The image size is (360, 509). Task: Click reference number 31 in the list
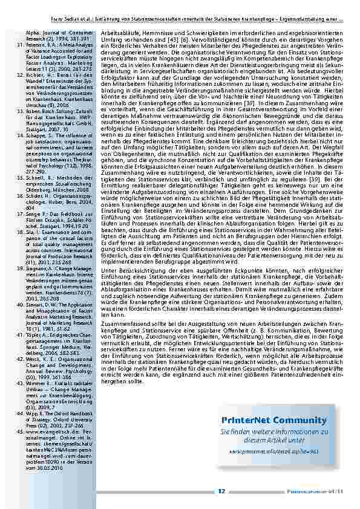pyautogui.click(x=18, y=44)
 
